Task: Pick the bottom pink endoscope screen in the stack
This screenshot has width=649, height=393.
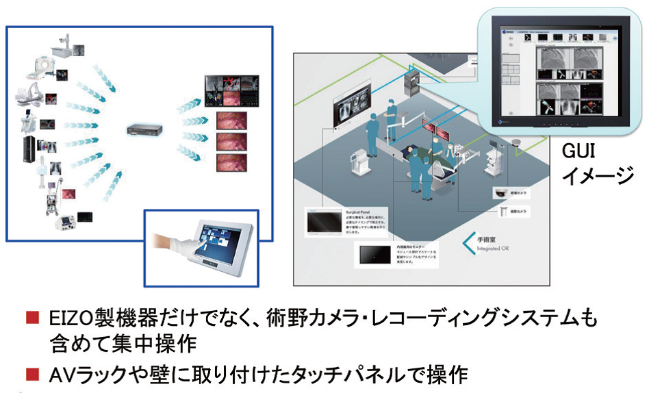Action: (231, 164)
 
